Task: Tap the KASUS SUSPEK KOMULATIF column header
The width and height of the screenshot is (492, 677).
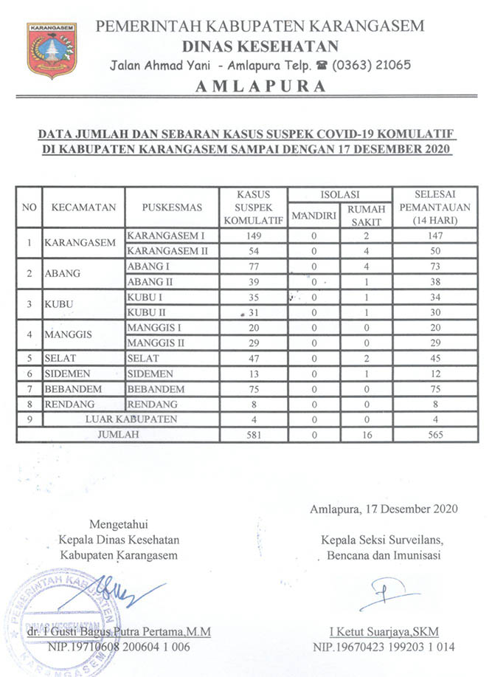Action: (254, 207)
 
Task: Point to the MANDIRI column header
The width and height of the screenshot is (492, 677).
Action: (314, 216)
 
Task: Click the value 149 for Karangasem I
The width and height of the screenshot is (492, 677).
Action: (254, 236)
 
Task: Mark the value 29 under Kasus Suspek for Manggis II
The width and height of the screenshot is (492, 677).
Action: (254, 343)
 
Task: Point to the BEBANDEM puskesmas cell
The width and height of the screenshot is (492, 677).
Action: (156, 389)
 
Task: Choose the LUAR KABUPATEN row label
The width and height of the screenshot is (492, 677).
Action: (144, 419)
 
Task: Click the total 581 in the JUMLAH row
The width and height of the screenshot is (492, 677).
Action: (254, 435)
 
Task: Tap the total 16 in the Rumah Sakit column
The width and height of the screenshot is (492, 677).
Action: (367, 435)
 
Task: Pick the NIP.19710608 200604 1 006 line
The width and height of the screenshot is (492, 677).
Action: (130, 647)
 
